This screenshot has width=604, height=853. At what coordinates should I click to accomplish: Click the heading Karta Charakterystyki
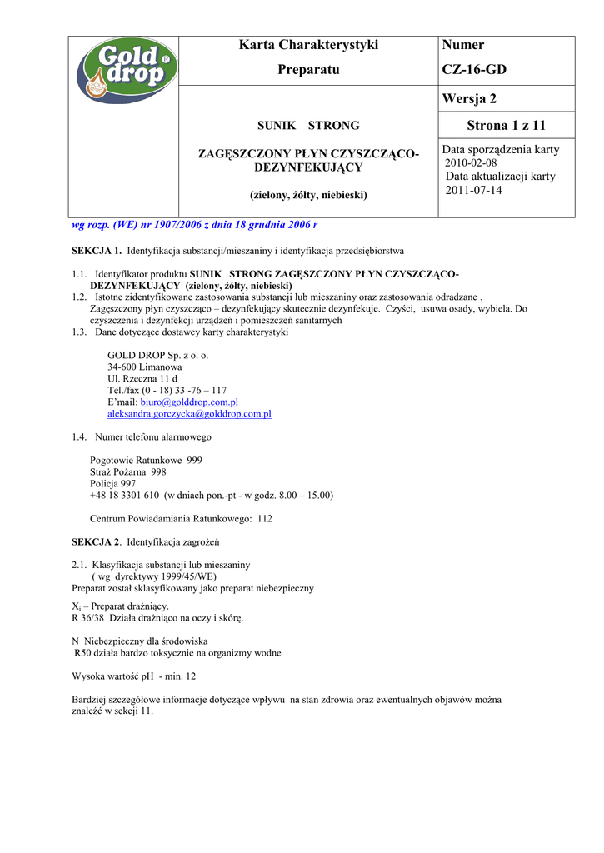tap(308, 45)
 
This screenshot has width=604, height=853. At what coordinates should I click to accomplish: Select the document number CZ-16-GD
tap(474, 70)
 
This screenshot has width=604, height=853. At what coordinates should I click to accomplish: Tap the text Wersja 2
tap(469, 99)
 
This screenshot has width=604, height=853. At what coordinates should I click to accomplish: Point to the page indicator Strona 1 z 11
tap(506, 126)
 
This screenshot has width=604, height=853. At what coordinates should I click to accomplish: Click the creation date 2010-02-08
tap(471, 163)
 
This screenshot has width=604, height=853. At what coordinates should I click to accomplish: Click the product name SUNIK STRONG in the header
tap(308, 126)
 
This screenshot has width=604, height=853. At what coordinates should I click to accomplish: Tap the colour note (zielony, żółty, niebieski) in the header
tap(308, 195)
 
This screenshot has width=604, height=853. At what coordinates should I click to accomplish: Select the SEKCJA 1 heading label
tap(97, 250)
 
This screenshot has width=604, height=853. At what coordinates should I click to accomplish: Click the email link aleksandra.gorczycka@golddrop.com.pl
tap(189, 413)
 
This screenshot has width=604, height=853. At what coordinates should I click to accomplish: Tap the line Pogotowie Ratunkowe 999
tap(146, 460)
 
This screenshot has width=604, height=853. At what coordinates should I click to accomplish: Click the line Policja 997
tap(112, 483)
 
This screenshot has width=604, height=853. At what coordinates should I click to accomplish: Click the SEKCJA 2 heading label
tap(97, 542)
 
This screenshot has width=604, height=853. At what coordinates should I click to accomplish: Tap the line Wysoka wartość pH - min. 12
tap(134, 676)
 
